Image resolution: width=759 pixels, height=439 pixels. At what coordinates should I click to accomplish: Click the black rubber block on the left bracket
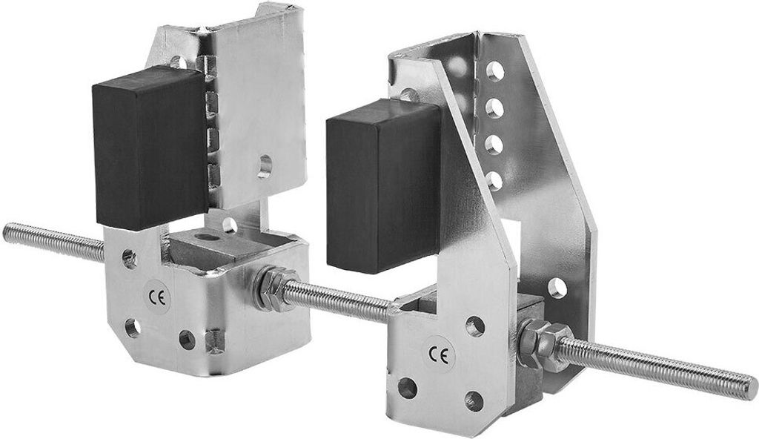[x=150, y=148]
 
